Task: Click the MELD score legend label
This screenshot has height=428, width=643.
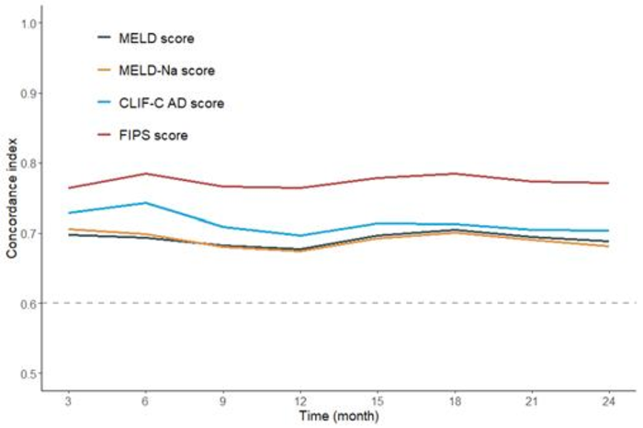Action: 157,39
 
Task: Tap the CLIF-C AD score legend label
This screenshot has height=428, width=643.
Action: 172,103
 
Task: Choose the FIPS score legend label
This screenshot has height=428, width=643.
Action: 153,135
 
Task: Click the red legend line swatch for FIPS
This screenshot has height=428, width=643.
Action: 104,135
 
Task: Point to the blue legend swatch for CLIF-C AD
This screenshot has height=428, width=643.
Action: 104,103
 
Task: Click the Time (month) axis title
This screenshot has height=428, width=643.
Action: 338,416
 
